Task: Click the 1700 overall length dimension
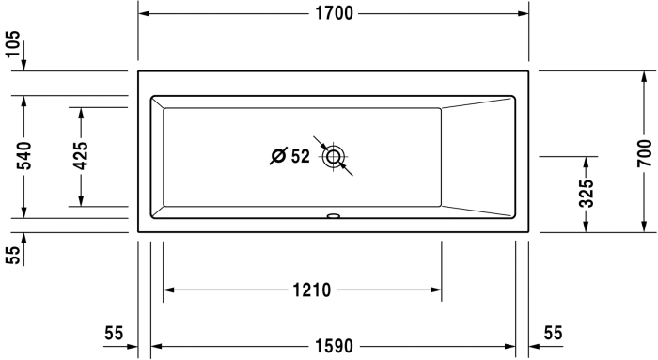(334, 13)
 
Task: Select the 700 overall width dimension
(644, 153)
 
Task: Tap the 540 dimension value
(23, 156)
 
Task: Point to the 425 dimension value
(81, 156)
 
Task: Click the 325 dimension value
(587, 194)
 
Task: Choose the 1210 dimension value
(312, 290)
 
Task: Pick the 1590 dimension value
(335, 346)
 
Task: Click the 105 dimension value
(13, 43)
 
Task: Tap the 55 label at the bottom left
(114, 333)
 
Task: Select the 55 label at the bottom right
(553, 333)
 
